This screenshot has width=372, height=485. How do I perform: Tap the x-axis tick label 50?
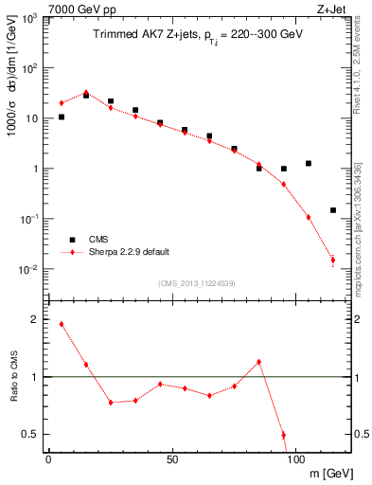coord(171,457)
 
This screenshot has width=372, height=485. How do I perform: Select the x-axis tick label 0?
coord(48,457)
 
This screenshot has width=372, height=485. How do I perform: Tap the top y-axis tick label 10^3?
coord(27,19)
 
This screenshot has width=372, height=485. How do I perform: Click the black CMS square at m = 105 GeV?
coord(309,163)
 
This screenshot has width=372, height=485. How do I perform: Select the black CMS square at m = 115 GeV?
coord(333,210)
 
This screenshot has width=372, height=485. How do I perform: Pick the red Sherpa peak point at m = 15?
coord(86,93)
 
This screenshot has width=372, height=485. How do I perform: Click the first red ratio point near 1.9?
coord(62,324)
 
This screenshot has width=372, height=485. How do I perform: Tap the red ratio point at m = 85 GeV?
coord(258,361)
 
